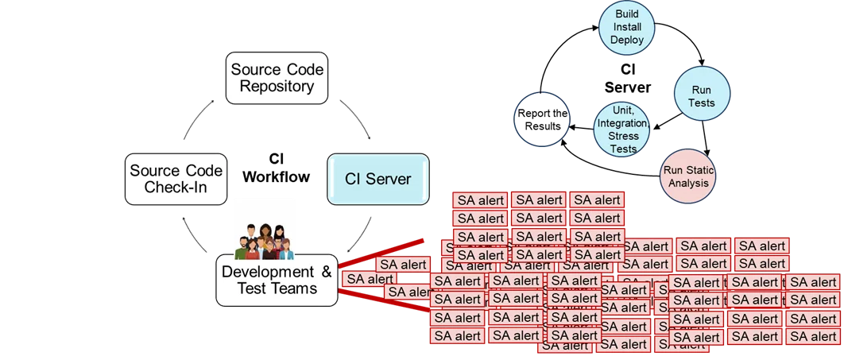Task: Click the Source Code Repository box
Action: click(x=277, y=78)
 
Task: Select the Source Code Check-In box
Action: click(x=175, y=179)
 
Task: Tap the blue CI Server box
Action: click(x=378, y=179)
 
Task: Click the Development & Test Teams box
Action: click(x=277, y=280)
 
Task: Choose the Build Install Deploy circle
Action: click(x=626, y=27)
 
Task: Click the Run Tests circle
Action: click(x=701, y=96)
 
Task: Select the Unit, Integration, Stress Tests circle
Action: click(x=622, y=130)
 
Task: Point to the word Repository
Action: click(x=277, y=87)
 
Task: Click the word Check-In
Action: click(x=175, y=188)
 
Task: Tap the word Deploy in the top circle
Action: click(x=626, y=39)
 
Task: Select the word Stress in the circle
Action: click(x=623, y=136)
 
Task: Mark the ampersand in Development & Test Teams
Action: click(x=326, y=272)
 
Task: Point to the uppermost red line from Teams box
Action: click(x=381, y=250)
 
